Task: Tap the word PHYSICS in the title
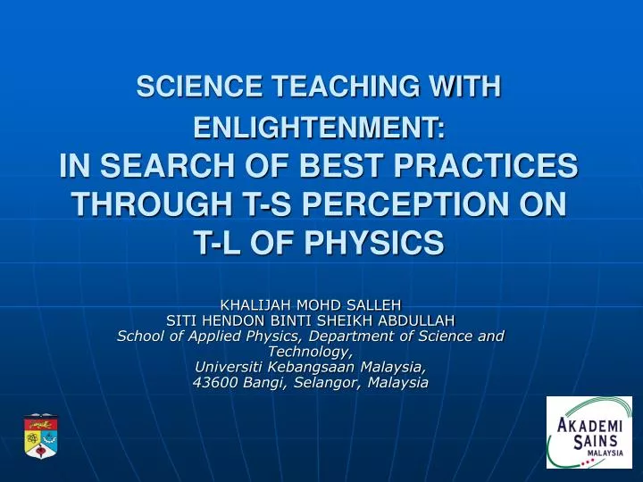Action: [373, 242]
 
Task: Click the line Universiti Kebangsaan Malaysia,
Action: [311, 367]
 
